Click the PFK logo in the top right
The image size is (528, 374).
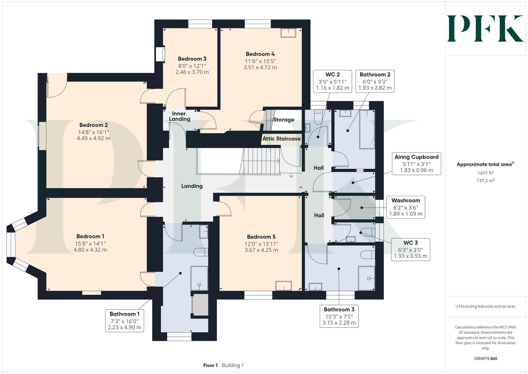(x=485, y=29)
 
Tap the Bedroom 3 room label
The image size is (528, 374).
(x=192, y=59)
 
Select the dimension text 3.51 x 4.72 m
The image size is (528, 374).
(x=260, y=67)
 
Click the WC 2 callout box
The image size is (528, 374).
(x=332, y=81)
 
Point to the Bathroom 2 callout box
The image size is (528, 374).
(x=375, y=81)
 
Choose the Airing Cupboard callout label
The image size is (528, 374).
(x=416, y=157)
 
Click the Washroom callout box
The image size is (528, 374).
(x=406, y=207)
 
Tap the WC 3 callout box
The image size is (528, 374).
(x=410, y=249)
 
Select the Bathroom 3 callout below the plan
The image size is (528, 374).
(x=339, y=316)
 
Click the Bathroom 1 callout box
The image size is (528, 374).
(x=124, y=320)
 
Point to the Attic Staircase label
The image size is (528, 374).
(x=281, y=139)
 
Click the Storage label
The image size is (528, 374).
(x=284, y=120)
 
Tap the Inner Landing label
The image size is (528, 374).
(x=179, y=116)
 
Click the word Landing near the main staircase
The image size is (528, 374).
(x=192, y=186)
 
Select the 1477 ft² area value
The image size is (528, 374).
(x=485, y=173)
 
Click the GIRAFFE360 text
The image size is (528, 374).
(x=485, y=358)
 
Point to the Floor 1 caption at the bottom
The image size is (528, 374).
(x=210, y=365)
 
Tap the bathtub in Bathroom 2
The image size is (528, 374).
(x=367, y=130)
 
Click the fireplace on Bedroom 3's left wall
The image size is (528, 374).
(x=161, y=54)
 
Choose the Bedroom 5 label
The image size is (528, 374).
(x=261, y=237)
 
